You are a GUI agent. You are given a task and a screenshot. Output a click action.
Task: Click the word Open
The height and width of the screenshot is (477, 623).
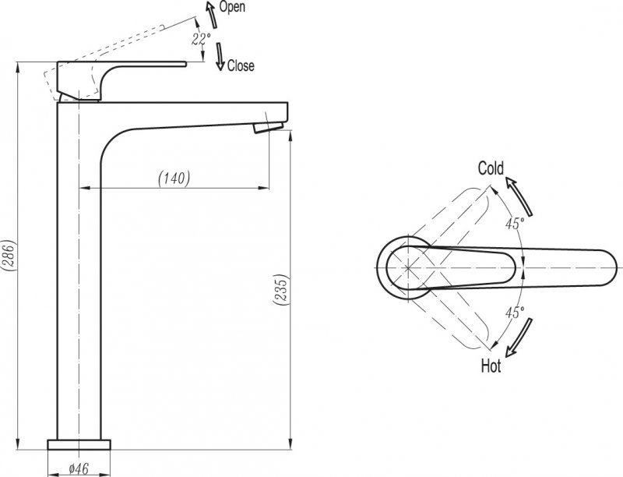pyautogui.click(x=232, y=7)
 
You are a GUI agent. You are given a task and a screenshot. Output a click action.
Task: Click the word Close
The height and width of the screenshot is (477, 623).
pyautogui.click(x=241, y=65)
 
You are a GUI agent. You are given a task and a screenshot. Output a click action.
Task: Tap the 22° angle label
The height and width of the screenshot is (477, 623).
pyautogui.click(x=201, y=39)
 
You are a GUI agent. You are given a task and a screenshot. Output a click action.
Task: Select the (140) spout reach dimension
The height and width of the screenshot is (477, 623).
pyautogui.click(x=174, y=178)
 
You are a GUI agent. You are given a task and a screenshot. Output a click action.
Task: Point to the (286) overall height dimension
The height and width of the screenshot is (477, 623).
pyautogui.click(x=9, y=256)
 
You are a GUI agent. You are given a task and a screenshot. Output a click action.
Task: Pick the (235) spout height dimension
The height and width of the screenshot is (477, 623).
pyautogui.click(x=280, y=290)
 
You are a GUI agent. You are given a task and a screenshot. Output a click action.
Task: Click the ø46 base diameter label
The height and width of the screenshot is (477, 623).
pyautogui.click(x=79, y=468)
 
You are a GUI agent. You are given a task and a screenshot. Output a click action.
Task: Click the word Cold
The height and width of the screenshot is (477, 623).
pyautogui.click(x=491, y=168)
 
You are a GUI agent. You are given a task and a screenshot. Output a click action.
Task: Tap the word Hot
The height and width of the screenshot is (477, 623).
pyautogui.click(x=491, y=366)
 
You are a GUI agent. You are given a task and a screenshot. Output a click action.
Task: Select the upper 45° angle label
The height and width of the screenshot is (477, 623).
pyautogui.click(x=515, y=224)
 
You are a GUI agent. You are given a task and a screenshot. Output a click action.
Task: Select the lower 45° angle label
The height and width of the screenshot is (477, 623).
pyautogui.click(x=515, y=313)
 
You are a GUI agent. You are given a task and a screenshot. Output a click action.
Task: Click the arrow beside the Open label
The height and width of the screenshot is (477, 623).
pyautogui.click(x=211, y=14)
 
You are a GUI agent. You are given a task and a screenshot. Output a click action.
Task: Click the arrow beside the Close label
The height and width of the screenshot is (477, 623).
pyautogui.click(x=220, y=57)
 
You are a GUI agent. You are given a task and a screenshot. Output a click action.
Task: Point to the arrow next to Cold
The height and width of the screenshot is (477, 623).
pyautogui.click(x=519, y=196)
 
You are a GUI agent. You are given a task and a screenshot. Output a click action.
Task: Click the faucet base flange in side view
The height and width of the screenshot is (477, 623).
pyautogui.click(x=79, y=445)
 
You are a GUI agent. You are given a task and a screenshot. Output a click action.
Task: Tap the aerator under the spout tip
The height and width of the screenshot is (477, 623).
pyautogui.click(x=268, y=128)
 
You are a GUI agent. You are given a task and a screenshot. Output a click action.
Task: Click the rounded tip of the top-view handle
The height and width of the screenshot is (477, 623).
pyautogui.click(x=612, y=267)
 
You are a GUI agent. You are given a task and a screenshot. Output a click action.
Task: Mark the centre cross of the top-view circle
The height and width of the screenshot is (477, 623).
pyautogui.click(x=408, y=267)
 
